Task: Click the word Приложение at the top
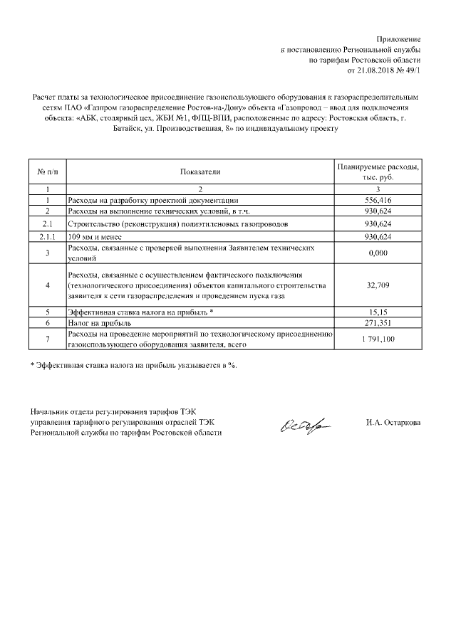point(399,38)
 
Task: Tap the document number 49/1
point(410,72)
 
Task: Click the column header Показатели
point(200,171)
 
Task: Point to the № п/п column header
point(46,171)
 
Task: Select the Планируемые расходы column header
point(378,171)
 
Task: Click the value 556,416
point(378,201)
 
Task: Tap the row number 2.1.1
point(46,236)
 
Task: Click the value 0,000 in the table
point(378,253)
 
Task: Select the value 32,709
point(378,285)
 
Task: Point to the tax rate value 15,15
point(378,312)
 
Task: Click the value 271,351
point(378,322)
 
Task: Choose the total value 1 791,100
point(378,339)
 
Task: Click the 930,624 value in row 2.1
point(378,223)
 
